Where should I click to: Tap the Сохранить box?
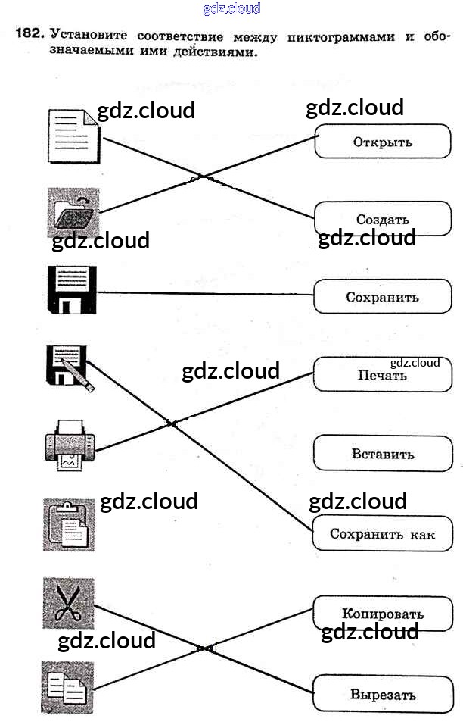(x=383, y=297)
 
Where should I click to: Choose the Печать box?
(x=383, y=375)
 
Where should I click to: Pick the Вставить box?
(x=383, y=455)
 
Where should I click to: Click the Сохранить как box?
(x=383, y=534)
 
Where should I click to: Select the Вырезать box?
(x=383, y=694)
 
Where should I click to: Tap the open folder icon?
(x=73, y=213)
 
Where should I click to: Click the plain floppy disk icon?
(x=73, y=290)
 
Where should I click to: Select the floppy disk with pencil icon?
(x=70, y=367)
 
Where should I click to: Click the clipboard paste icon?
(x=69, y=524)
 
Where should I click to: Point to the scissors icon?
(x=68, y=603)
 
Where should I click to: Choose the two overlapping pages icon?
(x=68, y=687)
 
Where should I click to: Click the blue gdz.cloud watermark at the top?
(x=231, y=8)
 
